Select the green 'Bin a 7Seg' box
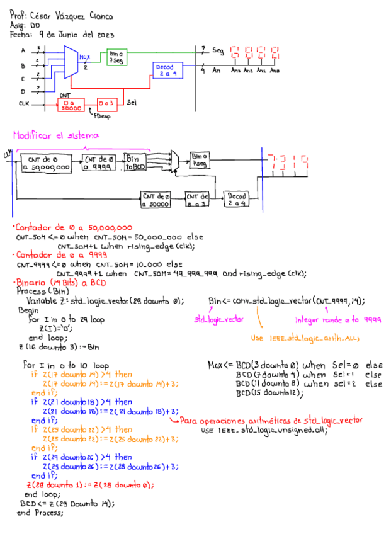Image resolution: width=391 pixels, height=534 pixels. point(116,57)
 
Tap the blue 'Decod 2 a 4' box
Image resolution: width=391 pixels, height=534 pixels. point(167,70)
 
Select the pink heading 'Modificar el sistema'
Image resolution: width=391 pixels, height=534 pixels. point(56,135)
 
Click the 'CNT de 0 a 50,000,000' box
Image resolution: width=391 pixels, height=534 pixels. point(45,163)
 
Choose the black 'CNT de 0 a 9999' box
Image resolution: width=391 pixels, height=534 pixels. point(99,163)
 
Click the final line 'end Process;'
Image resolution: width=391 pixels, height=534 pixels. point(40,513)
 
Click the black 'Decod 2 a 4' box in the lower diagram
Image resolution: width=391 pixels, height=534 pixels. point(237,200)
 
